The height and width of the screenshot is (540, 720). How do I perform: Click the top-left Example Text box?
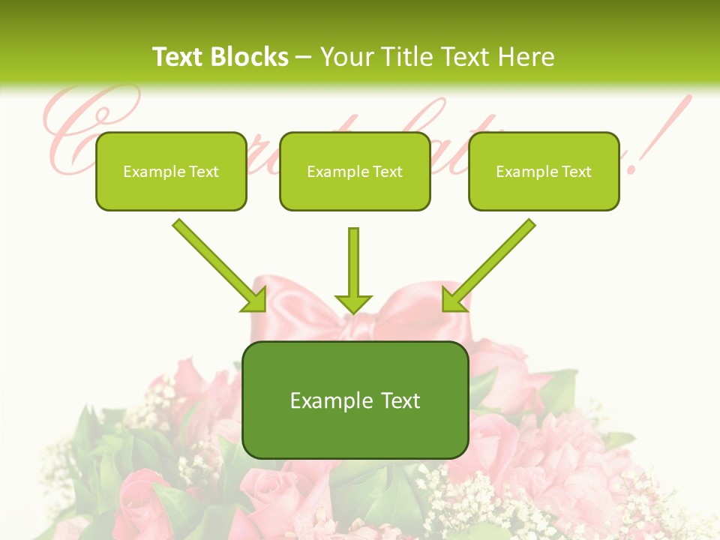tap(171, 171)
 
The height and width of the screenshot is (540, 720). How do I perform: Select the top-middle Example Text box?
tap(355, 171)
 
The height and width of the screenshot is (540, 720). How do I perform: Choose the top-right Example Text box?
tap(544, 171)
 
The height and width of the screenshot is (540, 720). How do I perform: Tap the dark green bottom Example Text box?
tap(355, 400)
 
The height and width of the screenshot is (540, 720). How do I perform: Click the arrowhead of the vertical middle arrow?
tap(353, 304)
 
